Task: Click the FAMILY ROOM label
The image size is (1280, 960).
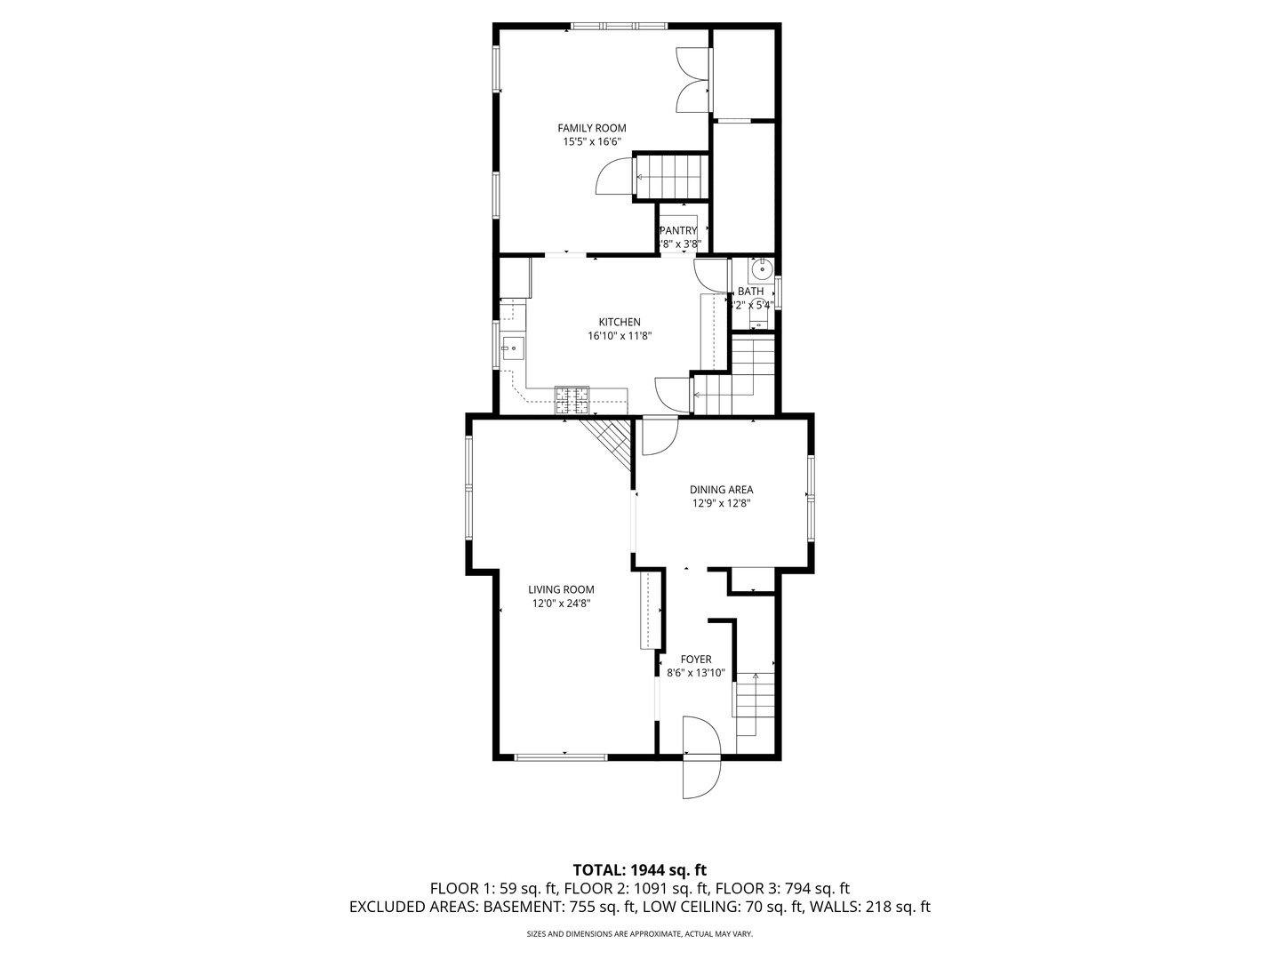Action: (591, 128)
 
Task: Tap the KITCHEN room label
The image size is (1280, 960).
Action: (620, 322)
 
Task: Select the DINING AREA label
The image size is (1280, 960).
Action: (721, 490)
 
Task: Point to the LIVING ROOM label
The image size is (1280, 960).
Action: (561, 589)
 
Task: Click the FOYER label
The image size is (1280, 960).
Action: (696, 660)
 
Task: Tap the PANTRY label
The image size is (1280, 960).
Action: (678, 231)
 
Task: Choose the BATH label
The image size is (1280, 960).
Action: (750, 292)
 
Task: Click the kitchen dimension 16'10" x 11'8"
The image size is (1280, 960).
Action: (620, 336)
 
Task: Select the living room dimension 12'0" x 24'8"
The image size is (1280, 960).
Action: (561, 604)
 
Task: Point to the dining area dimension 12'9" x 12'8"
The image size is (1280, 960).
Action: (721, 503)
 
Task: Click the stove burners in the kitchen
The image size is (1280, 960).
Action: (572, 400)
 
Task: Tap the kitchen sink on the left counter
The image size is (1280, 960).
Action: (512, 348)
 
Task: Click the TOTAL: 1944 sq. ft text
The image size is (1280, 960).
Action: (639, 869)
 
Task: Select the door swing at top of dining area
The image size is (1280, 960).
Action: (659, 436)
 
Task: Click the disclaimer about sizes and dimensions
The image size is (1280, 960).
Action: (639, 934)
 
